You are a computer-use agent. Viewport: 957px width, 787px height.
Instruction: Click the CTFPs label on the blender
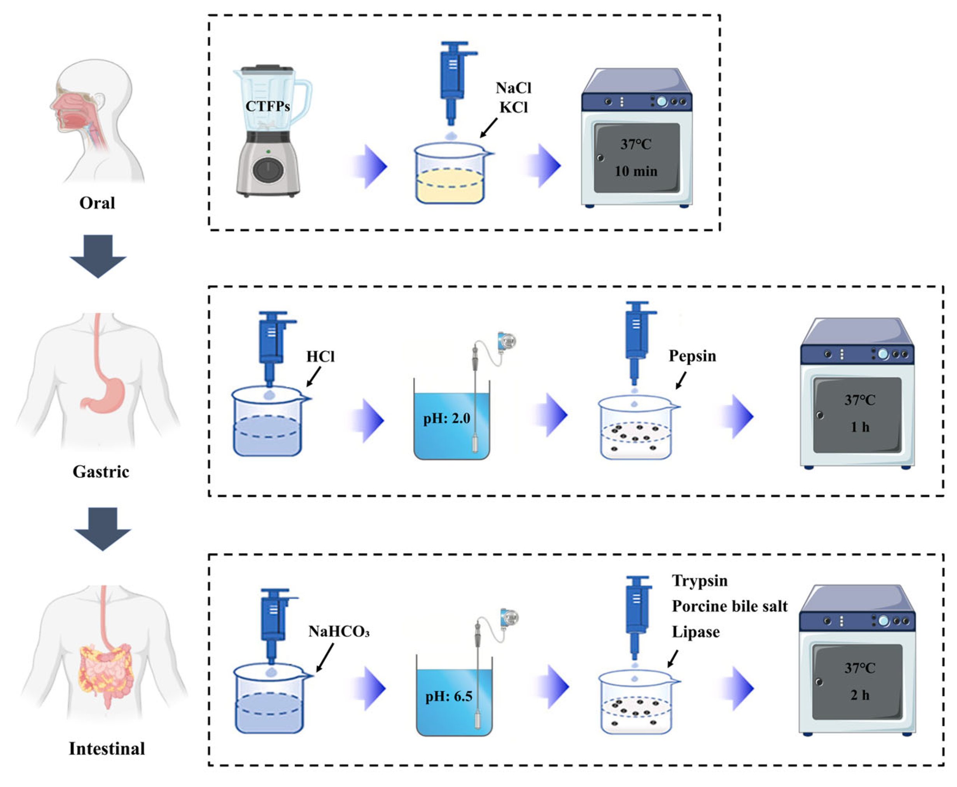(268, 107)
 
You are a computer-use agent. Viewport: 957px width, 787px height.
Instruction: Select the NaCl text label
(513, 87)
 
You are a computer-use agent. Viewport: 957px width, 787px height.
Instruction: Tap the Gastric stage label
(101, 472)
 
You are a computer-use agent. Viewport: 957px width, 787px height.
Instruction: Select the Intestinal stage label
(107, 749)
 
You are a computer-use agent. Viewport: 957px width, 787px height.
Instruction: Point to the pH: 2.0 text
(446, 418)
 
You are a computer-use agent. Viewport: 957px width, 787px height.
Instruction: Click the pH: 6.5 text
(448, 696)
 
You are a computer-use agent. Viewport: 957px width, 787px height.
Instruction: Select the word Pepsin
(692, 356)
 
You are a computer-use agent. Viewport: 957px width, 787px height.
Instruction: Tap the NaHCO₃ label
(339, 631)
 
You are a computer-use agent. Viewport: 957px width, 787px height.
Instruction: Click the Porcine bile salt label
(730, 606)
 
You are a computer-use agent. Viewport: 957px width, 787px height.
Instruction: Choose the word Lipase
(695, 632)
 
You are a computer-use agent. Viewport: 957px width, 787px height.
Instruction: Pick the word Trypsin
(700, 581)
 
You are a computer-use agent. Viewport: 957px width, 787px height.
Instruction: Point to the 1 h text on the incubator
(859, 427)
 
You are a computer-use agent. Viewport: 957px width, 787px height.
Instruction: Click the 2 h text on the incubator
(859, 695)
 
